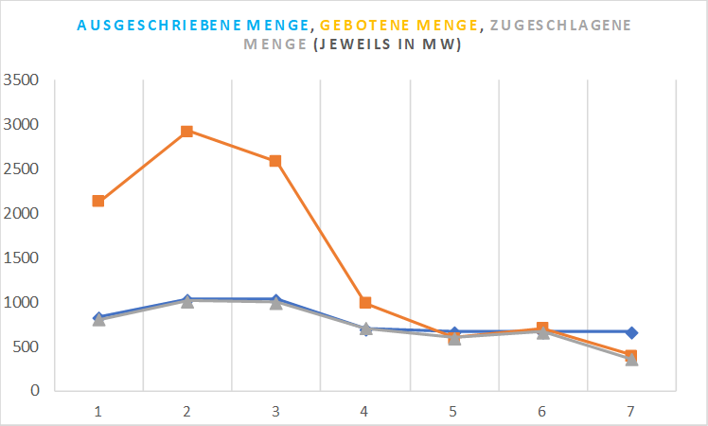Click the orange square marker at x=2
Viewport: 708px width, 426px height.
pyautogui.click(x=186, y=132)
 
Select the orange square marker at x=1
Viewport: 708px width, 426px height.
pyautogui.click(x=97, y=201)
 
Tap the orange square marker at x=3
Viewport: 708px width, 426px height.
pyautogui.click(x=275, y=161)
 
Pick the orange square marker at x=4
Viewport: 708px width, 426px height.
pyautogui.click(x=365, y=303)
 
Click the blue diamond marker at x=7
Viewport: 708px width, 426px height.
pyautogui.click(x=632, y=332)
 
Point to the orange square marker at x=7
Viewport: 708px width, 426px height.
pyautogui.click(x=632, y=356)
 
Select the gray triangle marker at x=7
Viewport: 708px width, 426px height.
pyautogui.click(x=632, y=360)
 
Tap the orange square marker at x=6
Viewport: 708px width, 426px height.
pyautogui.click(x=542, y=328)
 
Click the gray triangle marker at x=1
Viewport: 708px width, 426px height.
pyautogui.click(x=97, y=320)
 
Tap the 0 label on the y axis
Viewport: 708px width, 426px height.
pyautogui.click(x=33, y=390)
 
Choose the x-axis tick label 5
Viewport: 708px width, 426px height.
pyautogui.click(x=453, y=411)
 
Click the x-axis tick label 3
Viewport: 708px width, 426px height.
pyautogui.click(x=275, y=411)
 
